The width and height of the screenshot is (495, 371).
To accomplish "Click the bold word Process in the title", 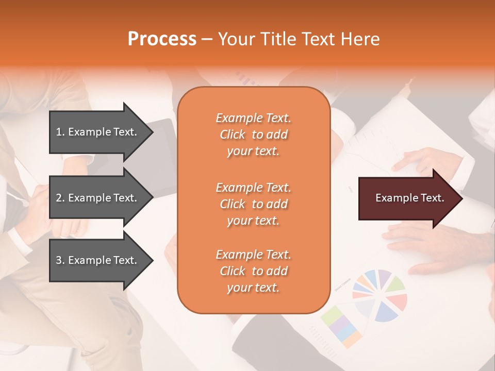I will point(162,39).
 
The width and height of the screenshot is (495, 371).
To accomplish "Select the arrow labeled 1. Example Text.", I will point(98,132).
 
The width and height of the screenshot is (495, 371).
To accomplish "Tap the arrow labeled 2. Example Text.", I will point(98,198).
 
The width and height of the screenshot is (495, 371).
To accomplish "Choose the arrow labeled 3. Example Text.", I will point(98,260).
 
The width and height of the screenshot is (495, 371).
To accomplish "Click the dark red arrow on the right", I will point(407,198).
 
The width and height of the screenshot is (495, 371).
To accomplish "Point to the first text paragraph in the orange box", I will point(253,134).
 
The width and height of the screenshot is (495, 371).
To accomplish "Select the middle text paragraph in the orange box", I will point(253,204).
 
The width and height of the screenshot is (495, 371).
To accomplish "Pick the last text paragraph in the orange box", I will point(253,271).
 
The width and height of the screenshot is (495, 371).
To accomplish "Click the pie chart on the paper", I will point(380,295).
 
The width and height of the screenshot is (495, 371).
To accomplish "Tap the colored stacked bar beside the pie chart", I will point(341,326).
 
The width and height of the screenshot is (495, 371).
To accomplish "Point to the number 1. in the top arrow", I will point(60,132).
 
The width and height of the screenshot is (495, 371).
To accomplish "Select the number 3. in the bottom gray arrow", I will point(60,260).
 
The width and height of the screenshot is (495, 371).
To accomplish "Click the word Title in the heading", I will point(279,39).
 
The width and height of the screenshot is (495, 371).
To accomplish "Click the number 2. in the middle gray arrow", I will point(60,198).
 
